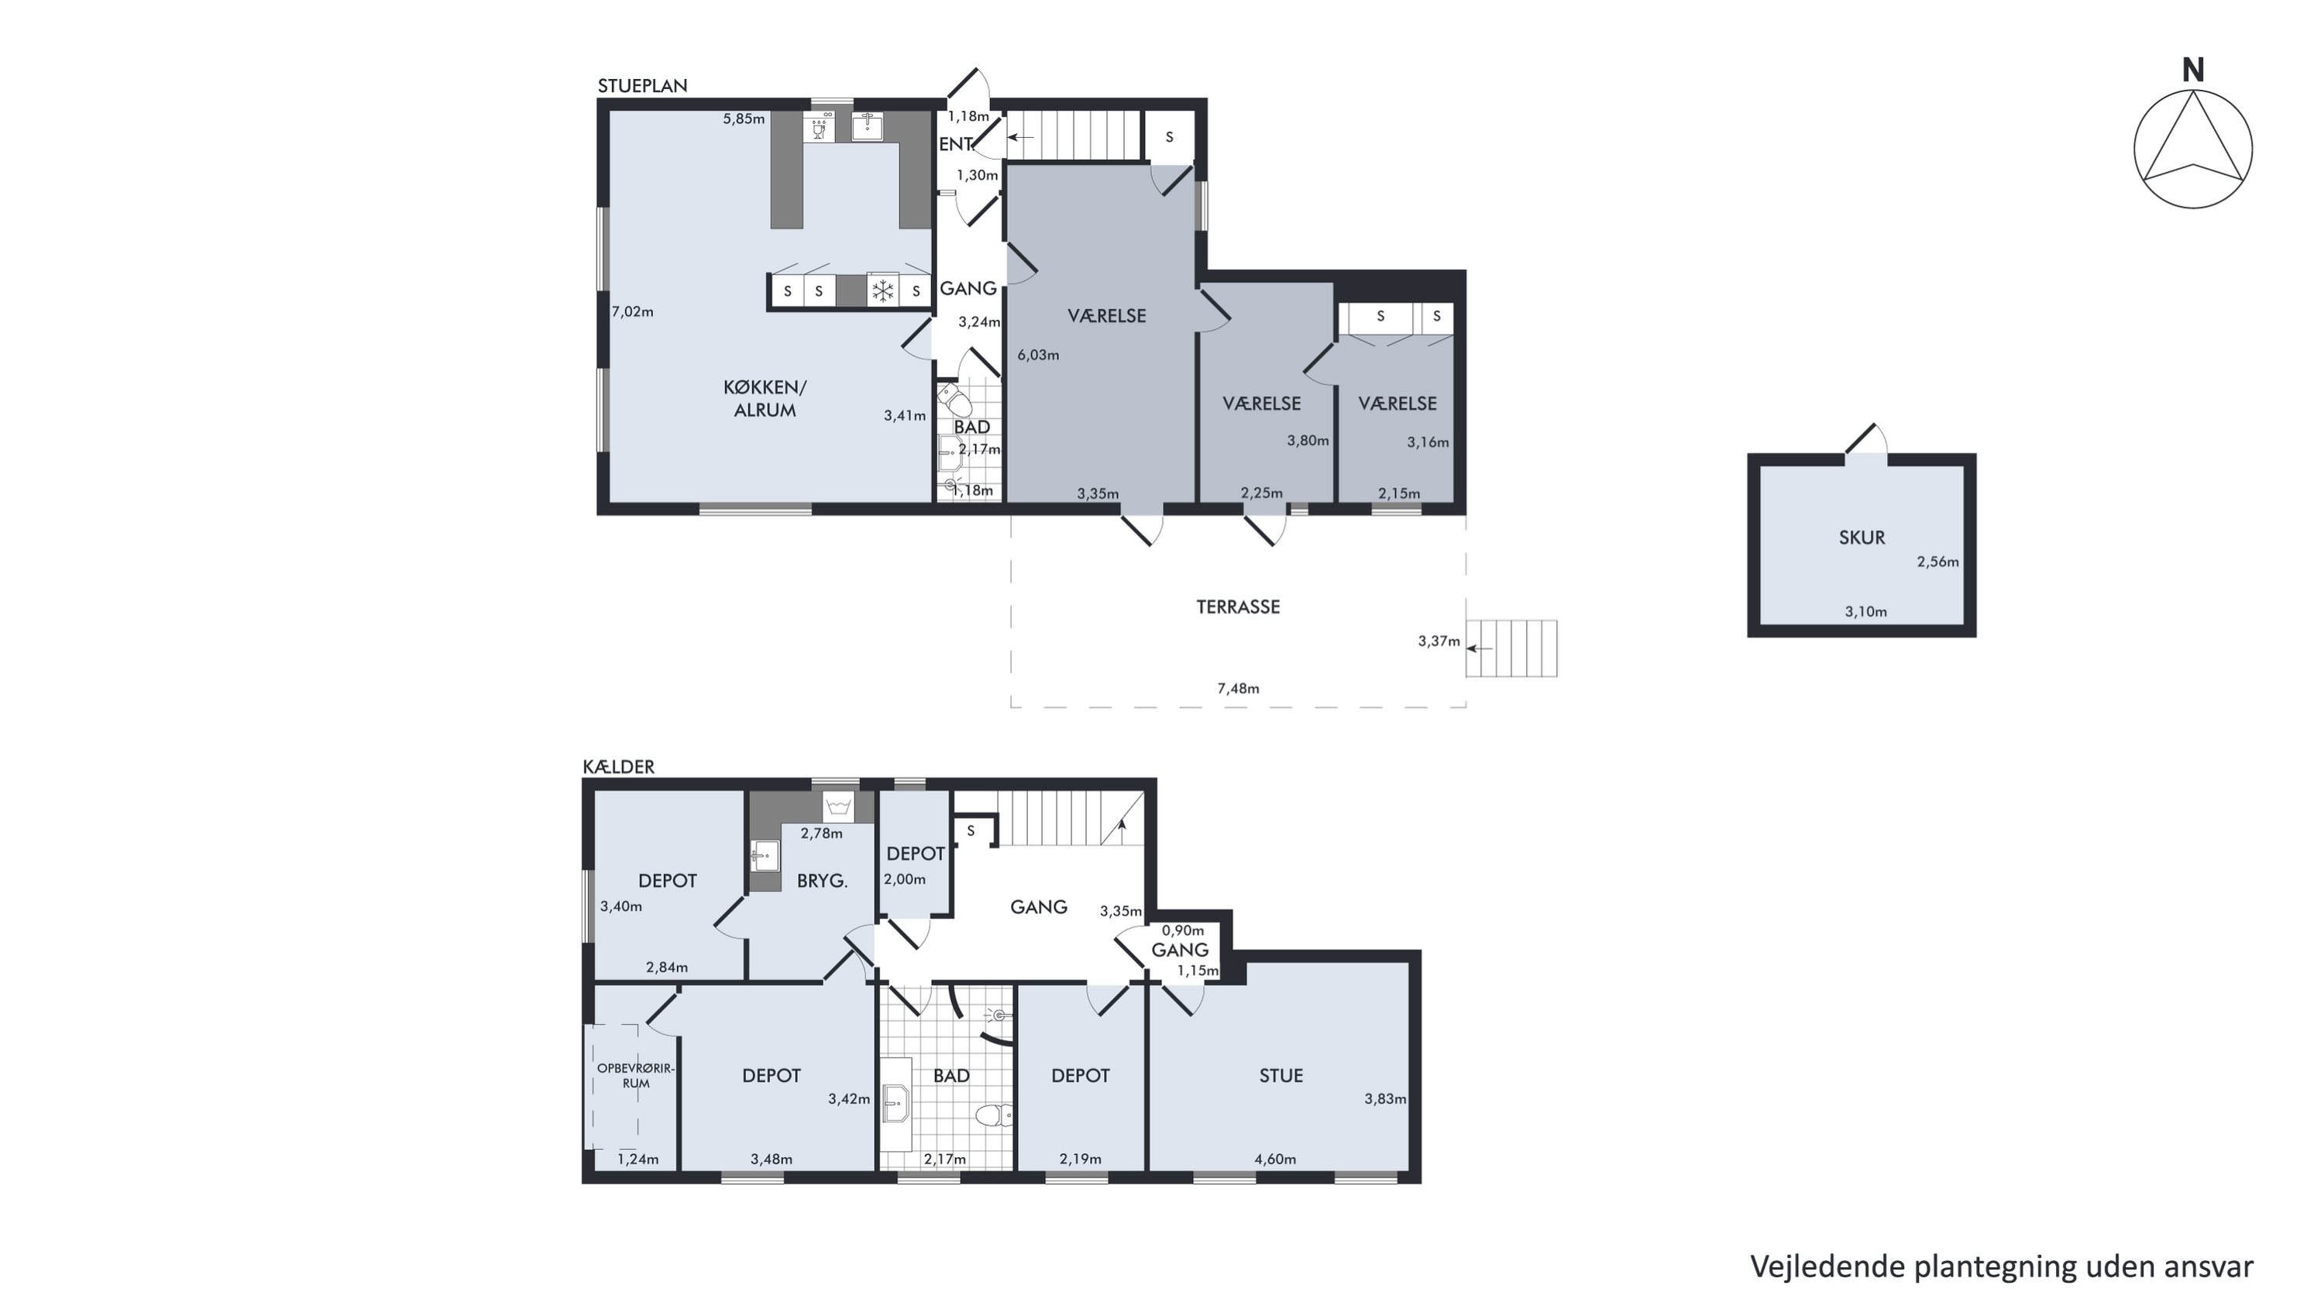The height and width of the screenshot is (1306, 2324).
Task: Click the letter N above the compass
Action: point(2193,70)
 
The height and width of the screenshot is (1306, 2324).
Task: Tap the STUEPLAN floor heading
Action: point(642,86)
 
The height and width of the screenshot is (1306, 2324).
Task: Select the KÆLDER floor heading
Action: point(619,767)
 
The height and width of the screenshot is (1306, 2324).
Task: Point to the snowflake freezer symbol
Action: point(882,290)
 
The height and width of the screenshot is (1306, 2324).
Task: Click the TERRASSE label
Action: point(1238,607)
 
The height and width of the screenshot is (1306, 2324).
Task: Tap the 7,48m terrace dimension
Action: point(1238,688)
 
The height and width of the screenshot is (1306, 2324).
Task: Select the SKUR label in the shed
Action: point(1862,538)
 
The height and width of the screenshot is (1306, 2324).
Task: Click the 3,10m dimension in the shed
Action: point(1865,611)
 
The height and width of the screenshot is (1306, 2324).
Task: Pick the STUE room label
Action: point(1281,1075)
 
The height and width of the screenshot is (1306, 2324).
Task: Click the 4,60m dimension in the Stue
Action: point(1275,1159)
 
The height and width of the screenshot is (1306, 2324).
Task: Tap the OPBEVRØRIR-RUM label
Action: point(635,1076)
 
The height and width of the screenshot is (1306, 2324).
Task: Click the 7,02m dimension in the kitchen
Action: point(632,312)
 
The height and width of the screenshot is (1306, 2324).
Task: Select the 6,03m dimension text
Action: point(1038,355)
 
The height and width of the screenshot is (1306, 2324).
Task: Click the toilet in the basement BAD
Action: point(993,1116)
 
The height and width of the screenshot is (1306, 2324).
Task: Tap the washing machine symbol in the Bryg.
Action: point(839,805)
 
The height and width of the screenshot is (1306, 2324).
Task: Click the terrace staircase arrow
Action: point(1480,648)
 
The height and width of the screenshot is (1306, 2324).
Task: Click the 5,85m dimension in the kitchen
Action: point(744,119)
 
